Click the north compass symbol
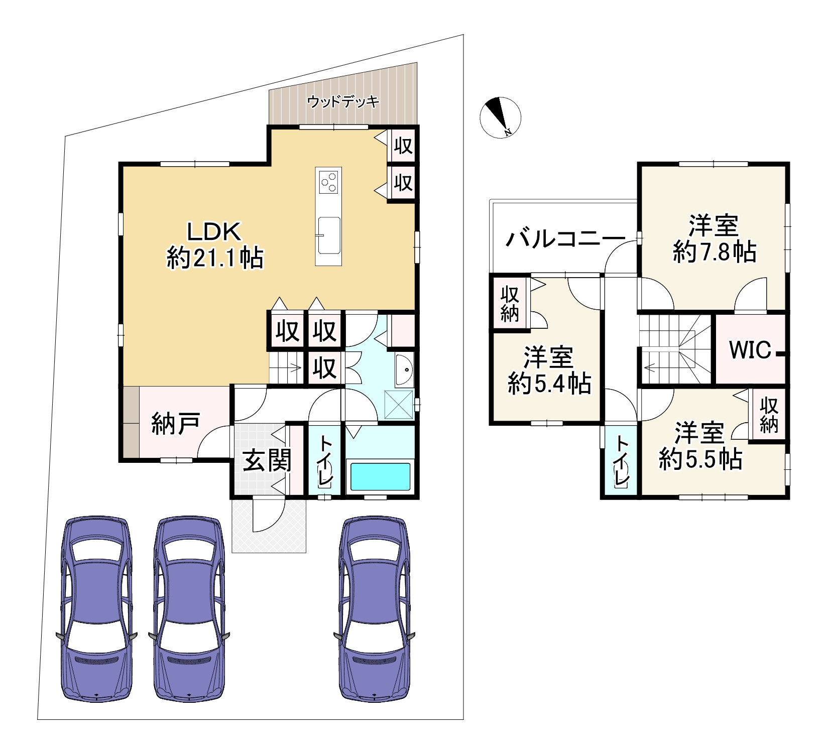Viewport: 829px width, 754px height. click(x=500, y=116)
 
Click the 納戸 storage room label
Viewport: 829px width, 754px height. click(x=176, y=424)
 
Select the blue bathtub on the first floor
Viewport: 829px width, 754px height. click(x=380, y=476)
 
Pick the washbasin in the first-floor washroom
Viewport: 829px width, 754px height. click(x=404, y=370)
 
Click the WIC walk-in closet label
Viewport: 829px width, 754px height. click(x=750, y=349)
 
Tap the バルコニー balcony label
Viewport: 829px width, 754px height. click(x=565, y=239)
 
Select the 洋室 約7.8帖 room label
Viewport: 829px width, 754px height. click(x=714, y=238)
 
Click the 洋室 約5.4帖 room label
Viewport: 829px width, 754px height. click(x=549, y=370)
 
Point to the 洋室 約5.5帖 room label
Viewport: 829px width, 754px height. click(x=700, y=446)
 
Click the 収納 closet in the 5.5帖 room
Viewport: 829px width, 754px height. click(x=768, y=415)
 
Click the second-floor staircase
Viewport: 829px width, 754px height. click(x=675, y=350)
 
